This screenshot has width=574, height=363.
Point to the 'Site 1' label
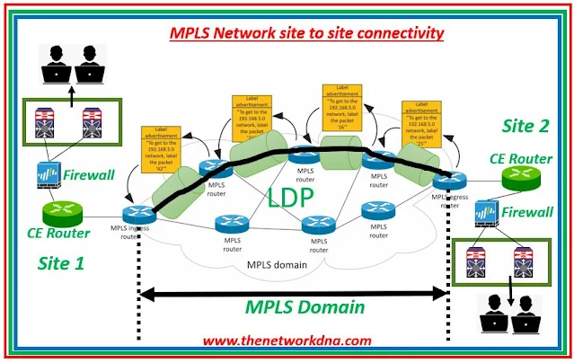point(64,263)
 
